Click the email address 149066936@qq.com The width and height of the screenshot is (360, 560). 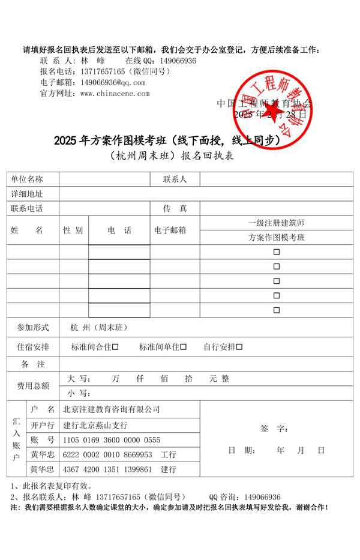(113, 82)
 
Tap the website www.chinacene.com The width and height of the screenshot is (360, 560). (115, 94)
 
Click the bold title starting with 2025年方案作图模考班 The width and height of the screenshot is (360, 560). (167, 140)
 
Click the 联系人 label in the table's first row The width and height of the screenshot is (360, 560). (175, 179)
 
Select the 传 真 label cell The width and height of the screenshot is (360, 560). (175, 209)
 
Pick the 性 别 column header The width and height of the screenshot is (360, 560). (73, 230)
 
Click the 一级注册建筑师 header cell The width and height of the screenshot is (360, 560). (277, 223)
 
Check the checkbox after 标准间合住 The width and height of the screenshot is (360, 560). (115, 347)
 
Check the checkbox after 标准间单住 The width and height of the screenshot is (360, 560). (184, 347)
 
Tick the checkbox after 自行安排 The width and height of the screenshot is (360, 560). (239, 347)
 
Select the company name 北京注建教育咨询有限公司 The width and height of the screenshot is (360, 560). (112, 409)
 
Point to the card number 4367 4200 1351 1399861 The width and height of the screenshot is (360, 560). (111, 469)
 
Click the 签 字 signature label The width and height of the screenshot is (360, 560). (274, 429)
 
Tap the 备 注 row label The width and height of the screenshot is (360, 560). (33, 364)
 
